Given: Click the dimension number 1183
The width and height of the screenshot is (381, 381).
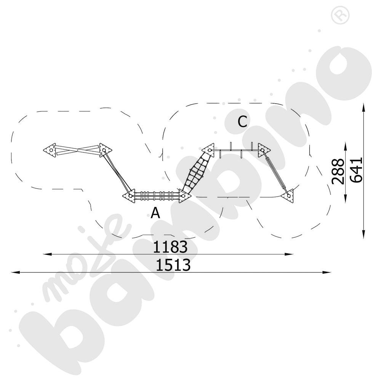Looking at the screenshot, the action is tap(170, 247).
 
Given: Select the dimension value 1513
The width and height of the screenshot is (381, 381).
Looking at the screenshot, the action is tap(173, 265).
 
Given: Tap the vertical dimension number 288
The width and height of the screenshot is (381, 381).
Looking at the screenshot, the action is tap(338, 171).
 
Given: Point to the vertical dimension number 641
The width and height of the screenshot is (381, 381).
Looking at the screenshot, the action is tap(356, 170).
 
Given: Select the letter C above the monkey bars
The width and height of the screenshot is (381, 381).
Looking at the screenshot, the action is tap(242, 122).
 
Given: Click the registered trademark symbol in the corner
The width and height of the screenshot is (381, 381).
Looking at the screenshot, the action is tap(340, 15).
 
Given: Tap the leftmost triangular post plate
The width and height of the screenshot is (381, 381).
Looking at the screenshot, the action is tap(50, 150).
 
